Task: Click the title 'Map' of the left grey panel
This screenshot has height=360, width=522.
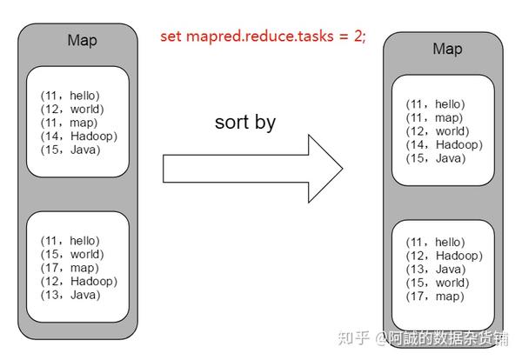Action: pyautogui.click(x=83, y=41)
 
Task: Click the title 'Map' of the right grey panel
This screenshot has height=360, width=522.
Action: pyautogui.click(x=447, y=50)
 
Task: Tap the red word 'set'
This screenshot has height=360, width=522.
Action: pyautogui.click(x=171, y=36)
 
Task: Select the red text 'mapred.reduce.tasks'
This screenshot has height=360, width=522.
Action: pyautogui.click(x=259, y=37)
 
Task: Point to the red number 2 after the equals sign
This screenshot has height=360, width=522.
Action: pyautogui.click(x=358, y=36)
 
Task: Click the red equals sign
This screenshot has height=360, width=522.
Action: pyautogui.click(x=344, y=37)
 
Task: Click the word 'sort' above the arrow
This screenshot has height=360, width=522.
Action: pyautogui.click(x=231, y=123)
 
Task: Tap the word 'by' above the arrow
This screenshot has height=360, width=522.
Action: pyautogui.click(x=265, y=123)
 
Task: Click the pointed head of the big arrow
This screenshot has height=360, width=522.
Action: pyautogui.click(x=342, y=169)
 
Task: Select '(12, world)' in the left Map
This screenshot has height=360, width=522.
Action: pyautogui.click(x=72, y=110)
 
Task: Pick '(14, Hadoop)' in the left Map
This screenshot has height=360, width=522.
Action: pyautogui.click(x=79, y=136)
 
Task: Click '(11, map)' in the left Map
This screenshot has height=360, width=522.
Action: pyautogui.click(x=69, y=123)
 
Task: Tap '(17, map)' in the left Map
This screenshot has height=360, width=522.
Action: pyautogui.click(x=70, y=268)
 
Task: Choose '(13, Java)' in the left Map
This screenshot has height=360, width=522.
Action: pyautogui.click(x=70, y=295)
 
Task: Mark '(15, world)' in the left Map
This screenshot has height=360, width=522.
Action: pyautogui.click(x=72, y=254)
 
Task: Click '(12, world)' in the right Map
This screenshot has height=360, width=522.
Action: pyautogui.click(x=438, y=131)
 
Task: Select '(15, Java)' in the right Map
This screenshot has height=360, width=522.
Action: pyautogui.click(x=436, y=158)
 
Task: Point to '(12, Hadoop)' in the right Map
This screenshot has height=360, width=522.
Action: pyautogui.click(x=444, y=256)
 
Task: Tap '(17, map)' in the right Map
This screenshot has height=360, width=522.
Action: pyautogui.click(x=435, y=297)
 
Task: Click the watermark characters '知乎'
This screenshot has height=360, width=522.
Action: pyautogui.click(x=353, y=338)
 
